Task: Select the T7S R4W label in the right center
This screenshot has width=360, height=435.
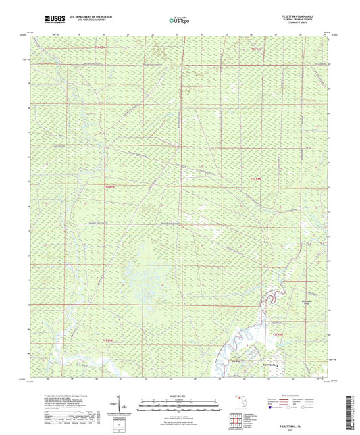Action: [x=255, y=178]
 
